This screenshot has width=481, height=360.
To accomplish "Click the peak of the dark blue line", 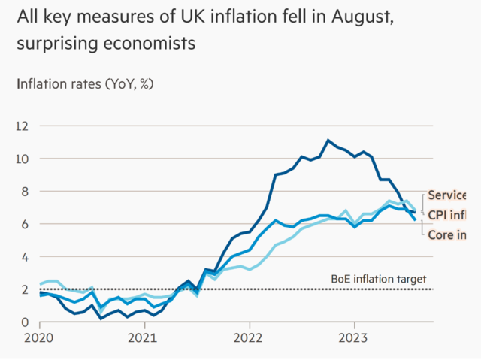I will pyautogui.click(x=328, y=141).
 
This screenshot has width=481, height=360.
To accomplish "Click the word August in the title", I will pyautogui.click(x=354, y=16).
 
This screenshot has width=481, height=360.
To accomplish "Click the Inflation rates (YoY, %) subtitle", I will pyautogui.click(x=85, y=83).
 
